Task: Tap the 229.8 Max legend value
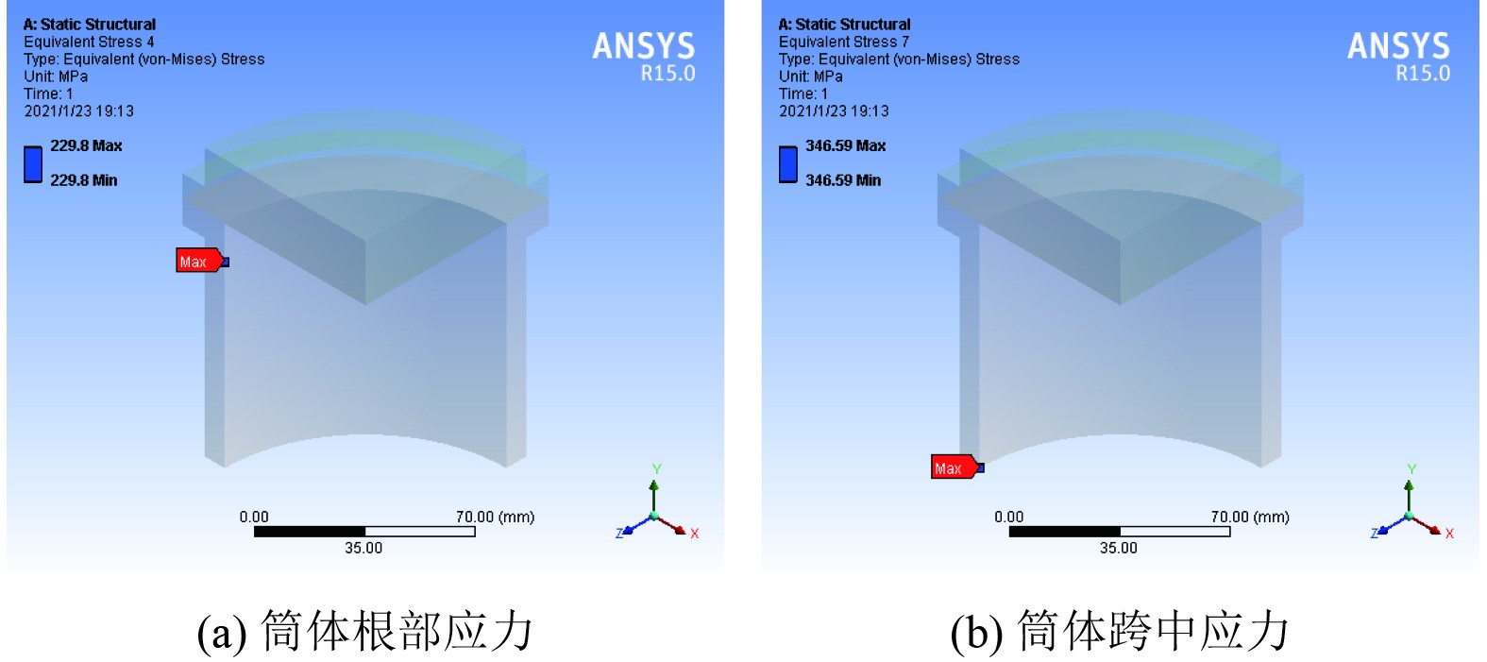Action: coord(86,145)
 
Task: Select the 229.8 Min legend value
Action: coord(84,180)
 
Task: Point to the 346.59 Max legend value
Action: coord(845,145)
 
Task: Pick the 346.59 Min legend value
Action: coord(842,180)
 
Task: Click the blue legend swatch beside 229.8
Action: coord(33,163)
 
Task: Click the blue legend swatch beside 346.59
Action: coord(788,163)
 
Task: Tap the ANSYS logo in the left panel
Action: coord(644,47)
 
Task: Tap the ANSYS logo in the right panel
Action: coord(1398,47)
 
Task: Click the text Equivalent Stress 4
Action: coord(89,42)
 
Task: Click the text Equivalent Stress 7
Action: coord(844,42)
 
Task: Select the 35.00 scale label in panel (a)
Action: coord(363,548)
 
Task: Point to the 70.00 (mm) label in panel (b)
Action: coord(1250,517)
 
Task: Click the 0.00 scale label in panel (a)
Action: coord(254,517)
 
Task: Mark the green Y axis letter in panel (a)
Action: coord(657,469)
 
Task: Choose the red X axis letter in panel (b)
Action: coord(1449,534)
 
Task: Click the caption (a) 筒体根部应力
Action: coord(364,631)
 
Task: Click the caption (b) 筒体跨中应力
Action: coord(1120,631)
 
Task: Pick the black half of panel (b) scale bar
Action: coord(1064,532)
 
